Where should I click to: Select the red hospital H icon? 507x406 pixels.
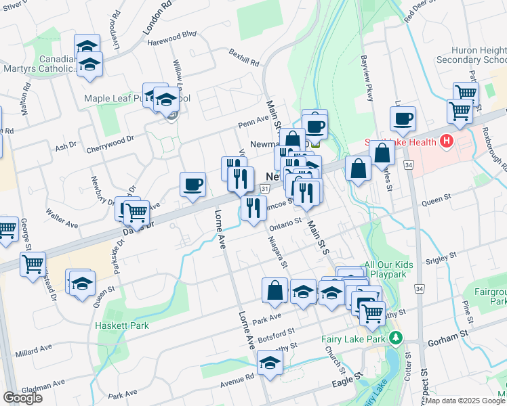point(446,141)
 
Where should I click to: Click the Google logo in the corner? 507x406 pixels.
point(22,398)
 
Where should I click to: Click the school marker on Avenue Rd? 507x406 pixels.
point(270,363)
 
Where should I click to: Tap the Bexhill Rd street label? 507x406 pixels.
point(244,57)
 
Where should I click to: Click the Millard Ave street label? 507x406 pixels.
point(34,348)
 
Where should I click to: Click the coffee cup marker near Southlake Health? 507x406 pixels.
point(403,118)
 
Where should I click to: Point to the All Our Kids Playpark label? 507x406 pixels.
point(388,270)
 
